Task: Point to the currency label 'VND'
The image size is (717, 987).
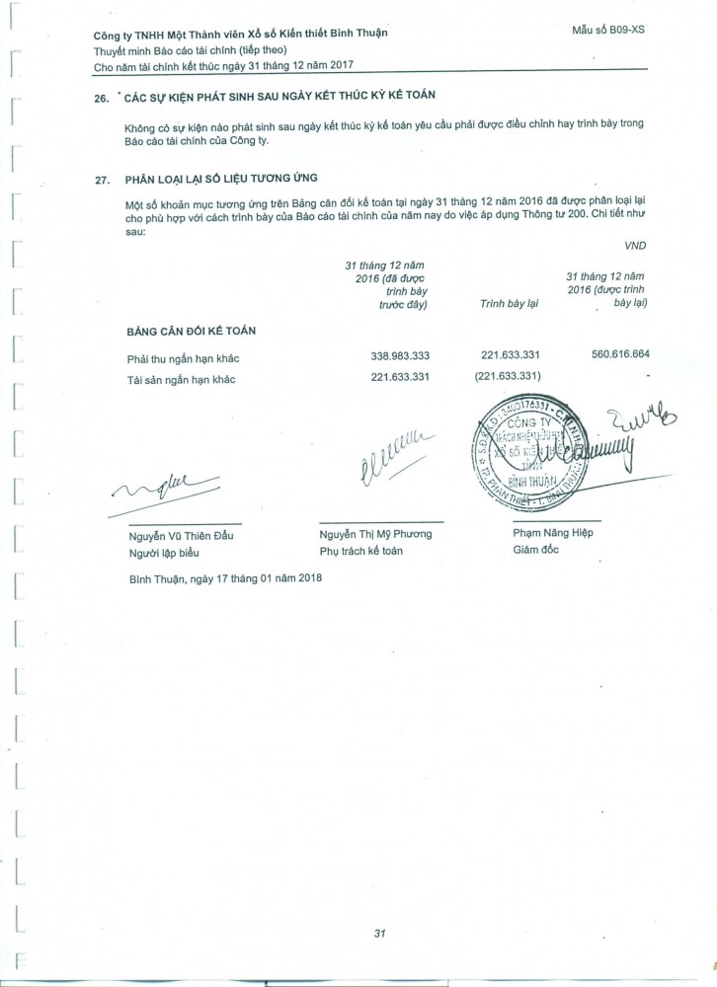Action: click(x=636, y=243)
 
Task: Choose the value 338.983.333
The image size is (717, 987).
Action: click(x=393, y=355)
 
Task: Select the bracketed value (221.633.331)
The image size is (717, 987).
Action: click(x=509, y=377)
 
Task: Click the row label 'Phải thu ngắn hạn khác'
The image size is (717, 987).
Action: click(x=186, y=355)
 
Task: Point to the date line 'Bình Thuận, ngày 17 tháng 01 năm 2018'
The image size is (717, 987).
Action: click(x=225, y=577)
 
